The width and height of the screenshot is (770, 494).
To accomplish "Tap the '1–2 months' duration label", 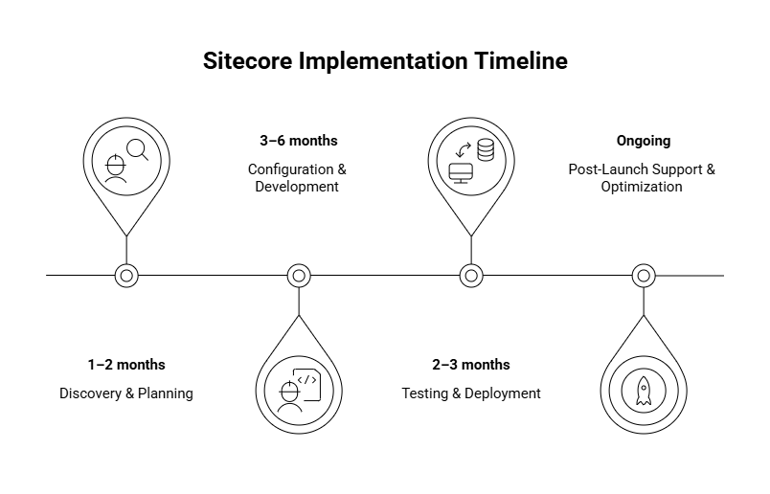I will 126,365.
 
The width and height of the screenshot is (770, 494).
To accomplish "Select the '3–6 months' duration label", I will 298,141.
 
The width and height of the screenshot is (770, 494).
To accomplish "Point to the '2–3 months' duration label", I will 470,365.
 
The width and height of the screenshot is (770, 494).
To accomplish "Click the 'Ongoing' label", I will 643,141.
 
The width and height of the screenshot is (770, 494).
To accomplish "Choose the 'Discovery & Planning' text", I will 126,393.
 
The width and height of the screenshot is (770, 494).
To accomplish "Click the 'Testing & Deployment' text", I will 470,393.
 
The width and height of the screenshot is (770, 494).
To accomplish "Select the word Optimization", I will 642,187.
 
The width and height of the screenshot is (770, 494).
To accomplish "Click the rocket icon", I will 643,390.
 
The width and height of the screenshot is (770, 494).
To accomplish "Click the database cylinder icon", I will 485,150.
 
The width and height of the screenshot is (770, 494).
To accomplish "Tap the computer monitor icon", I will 461,173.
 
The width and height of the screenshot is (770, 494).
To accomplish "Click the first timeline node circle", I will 126,276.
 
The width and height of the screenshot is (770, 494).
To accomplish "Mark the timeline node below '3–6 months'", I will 299,276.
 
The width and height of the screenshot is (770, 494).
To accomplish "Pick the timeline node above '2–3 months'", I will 470,276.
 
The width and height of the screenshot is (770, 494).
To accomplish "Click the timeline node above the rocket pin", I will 643,276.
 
